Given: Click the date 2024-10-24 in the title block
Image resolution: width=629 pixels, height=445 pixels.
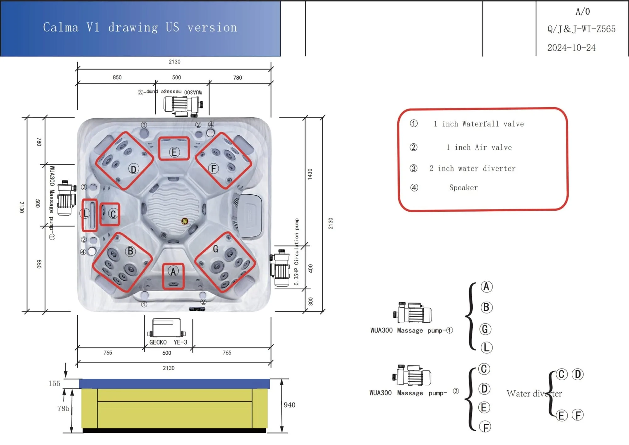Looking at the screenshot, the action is (571, 48).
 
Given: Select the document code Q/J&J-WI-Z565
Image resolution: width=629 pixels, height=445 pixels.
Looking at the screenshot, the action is (581, 29).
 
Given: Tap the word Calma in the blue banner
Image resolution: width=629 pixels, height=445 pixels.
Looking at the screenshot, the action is (61, 27).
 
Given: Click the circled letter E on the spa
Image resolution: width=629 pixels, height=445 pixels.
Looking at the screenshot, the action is (174, 152).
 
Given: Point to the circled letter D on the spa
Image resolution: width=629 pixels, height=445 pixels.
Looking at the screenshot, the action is (134, 169).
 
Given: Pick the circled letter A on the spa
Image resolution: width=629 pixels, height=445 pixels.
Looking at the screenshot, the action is (173, 271).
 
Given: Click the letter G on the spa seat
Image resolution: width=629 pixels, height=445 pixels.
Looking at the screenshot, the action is (215, 249).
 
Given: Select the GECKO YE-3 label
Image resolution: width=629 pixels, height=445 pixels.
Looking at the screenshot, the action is (168, 342).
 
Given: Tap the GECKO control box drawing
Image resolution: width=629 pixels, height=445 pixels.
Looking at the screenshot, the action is (167, 327).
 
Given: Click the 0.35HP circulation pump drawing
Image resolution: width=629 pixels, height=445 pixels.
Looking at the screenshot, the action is (280, 268).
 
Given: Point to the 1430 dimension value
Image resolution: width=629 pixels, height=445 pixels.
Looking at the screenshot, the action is (310, 174).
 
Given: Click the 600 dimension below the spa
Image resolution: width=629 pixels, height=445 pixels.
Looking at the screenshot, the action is (167, 353).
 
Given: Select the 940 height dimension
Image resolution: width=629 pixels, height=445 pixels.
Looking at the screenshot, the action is (289, 405).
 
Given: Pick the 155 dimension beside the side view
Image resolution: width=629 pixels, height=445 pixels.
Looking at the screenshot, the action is (54, 383).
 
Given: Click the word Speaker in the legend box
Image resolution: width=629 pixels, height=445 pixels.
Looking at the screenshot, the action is (463, 188).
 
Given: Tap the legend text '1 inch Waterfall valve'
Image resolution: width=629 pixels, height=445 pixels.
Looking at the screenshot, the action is (479, 124).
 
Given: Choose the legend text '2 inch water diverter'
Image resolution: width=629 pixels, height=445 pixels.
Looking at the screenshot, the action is (472, 169).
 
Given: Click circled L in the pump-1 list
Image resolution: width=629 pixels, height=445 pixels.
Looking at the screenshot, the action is (486, 348).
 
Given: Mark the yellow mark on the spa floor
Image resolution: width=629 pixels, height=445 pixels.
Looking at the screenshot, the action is (185, 221).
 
